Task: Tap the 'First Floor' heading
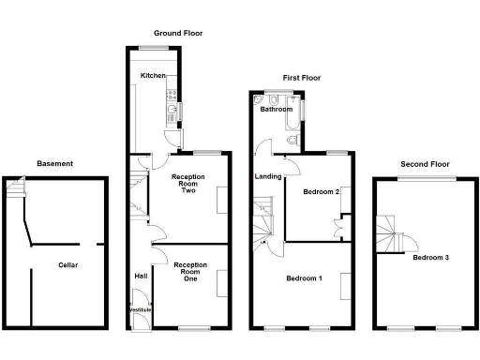point(302,78)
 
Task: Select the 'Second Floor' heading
point(421,164)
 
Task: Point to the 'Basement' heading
point(54,164)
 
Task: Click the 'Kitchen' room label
point(153,76)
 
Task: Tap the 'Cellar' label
point(67,265)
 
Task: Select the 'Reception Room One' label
point(190,271)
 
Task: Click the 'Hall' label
point(141,276)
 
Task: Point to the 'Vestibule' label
point(139,309)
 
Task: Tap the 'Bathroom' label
point(277,110)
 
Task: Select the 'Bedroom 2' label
point(321,192)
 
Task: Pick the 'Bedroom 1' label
point(306,277)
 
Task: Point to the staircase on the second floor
point(391,232)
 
